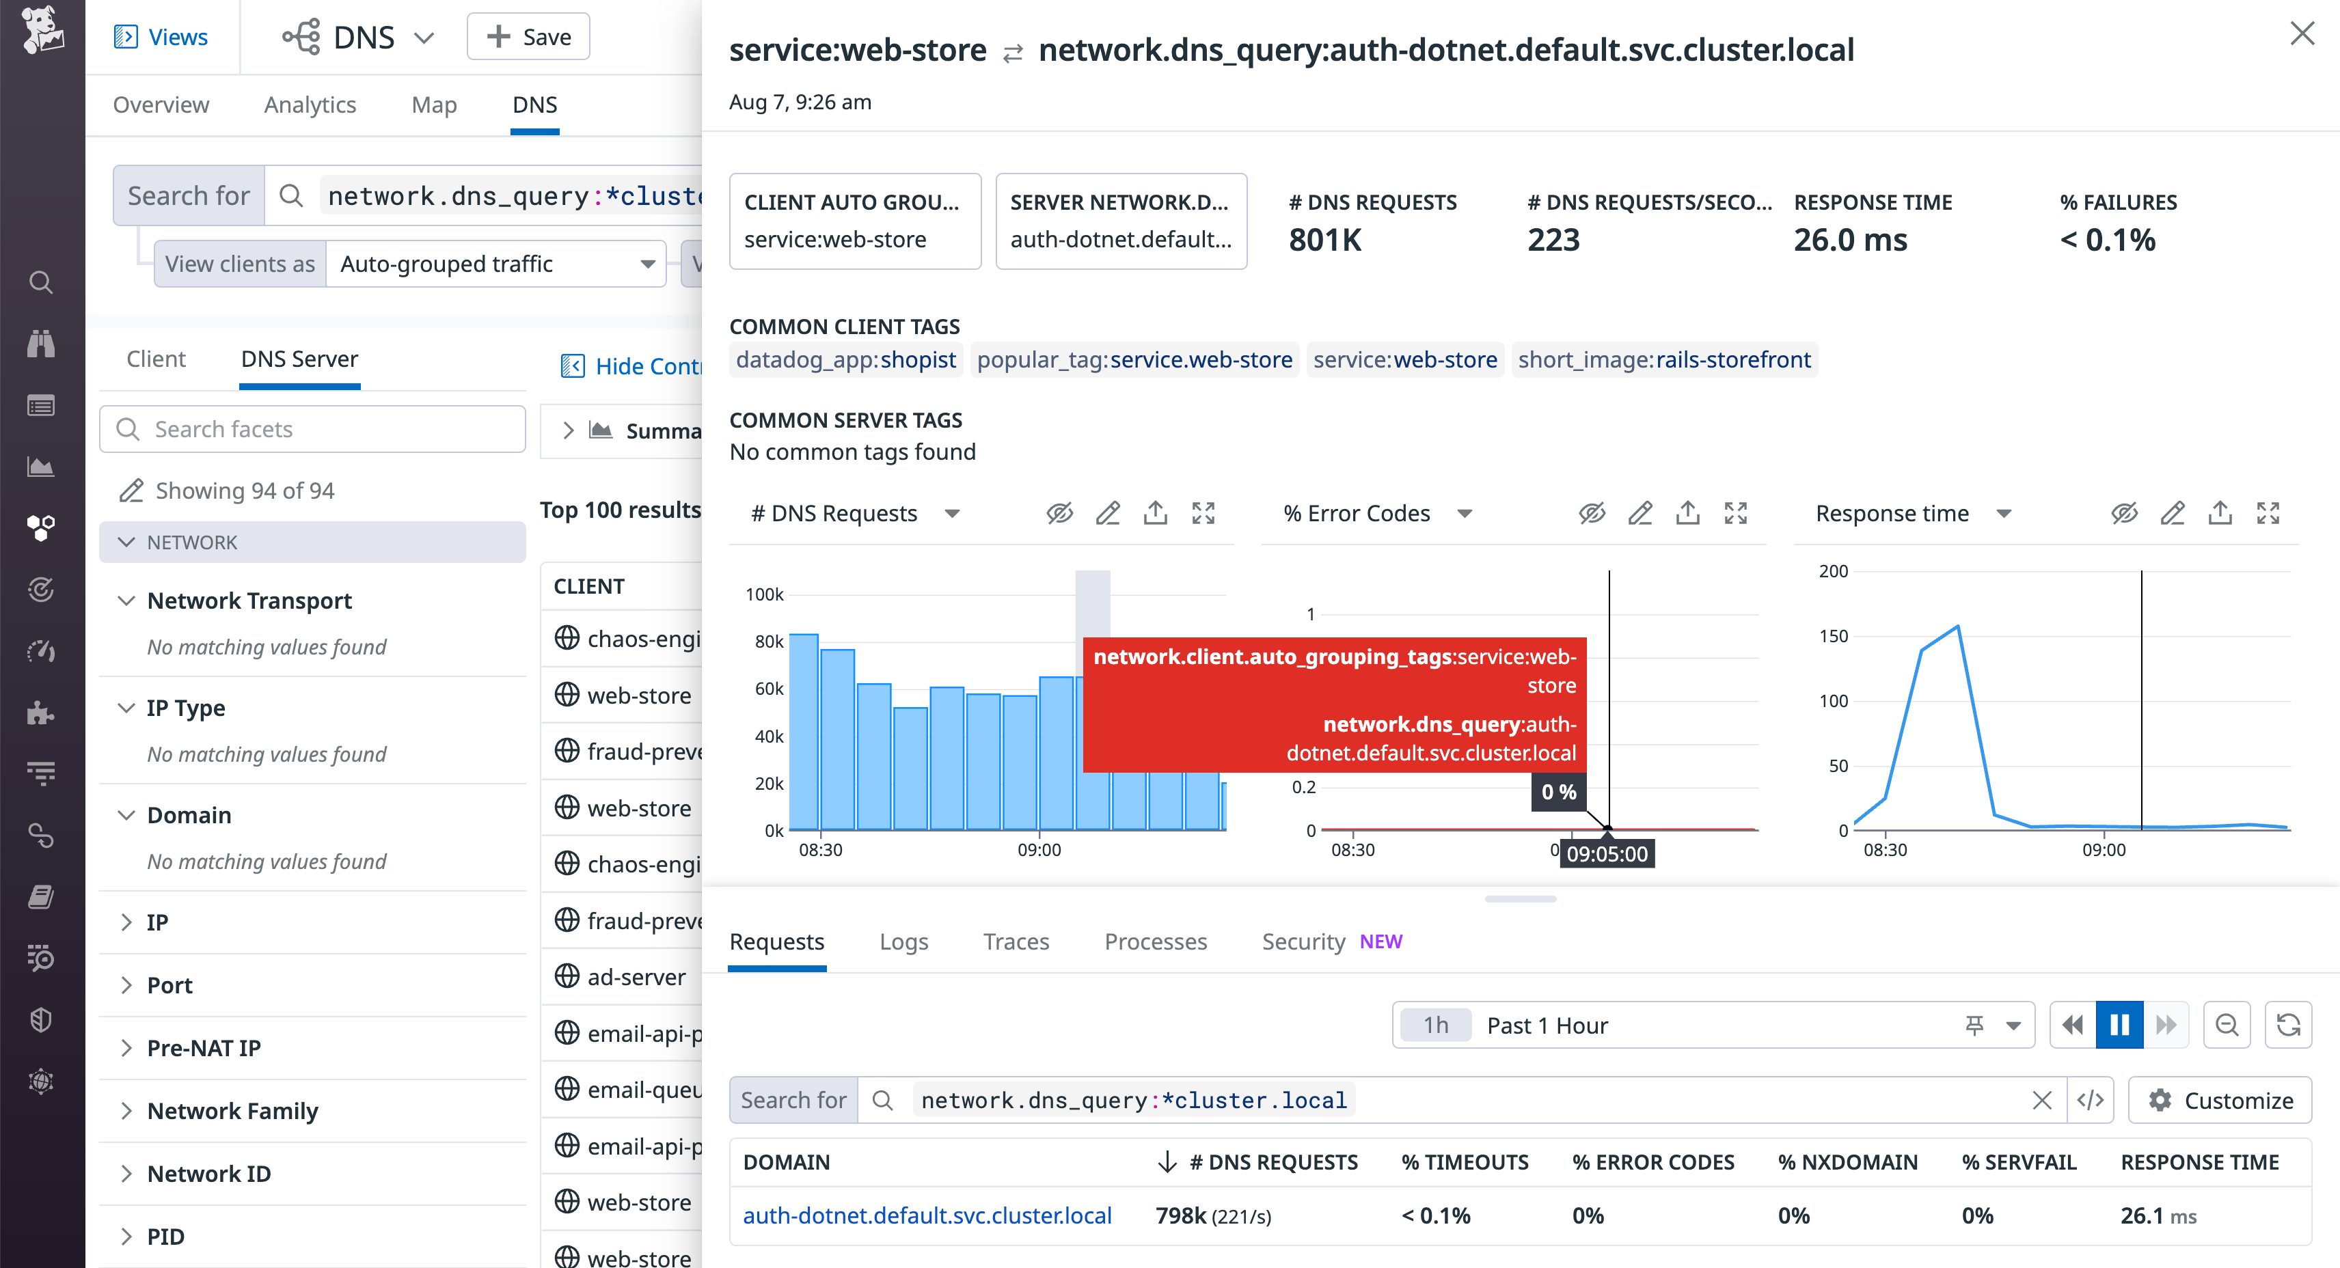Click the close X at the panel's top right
[x=2301, y=35]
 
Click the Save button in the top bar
[x=529, y=38]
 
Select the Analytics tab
[x=310, y=105]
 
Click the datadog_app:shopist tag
[x=845, y=359]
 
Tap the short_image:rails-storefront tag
[x=1664, y=359]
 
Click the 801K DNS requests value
[x=1324, y=240]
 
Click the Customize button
[x=2220, y=1100]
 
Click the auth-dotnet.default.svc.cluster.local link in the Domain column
[x=927, y=1215]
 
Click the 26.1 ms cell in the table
[x=2158, y=1215]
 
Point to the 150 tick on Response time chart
[x=1833, y=636]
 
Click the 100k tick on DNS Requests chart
[x=764, y=594]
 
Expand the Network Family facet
[x=232, y=1111]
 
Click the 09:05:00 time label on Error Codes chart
[x=1606, y=854]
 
